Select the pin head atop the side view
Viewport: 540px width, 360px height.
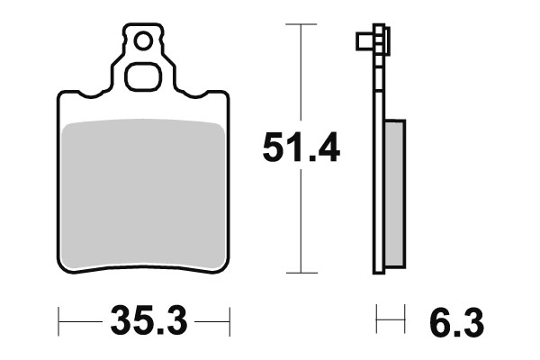373,40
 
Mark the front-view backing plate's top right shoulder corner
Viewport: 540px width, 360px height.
223,94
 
